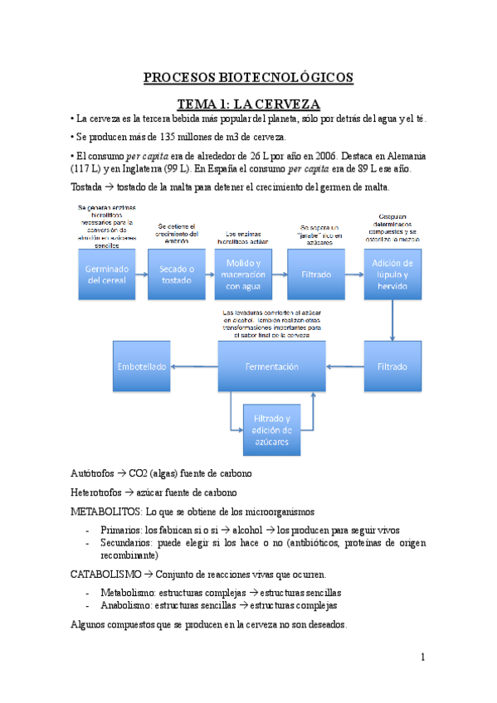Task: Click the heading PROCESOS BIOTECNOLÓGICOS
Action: coord(248,78)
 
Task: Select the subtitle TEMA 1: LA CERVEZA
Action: coord(248,104)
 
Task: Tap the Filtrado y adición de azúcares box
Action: coord(271,429)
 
